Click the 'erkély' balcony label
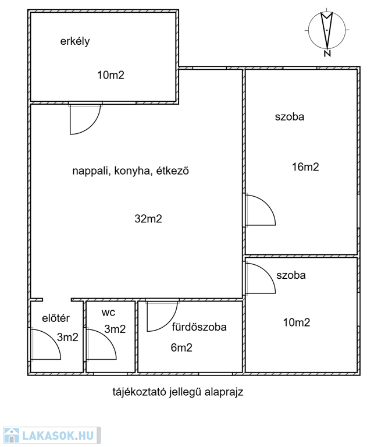coord(74,41)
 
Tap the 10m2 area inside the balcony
coord(111,74)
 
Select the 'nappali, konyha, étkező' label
coord(131,171)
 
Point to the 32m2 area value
coord(148,219)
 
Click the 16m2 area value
coord(305,167)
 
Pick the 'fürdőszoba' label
coord(199,327)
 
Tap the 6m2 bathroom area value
coord(181,348)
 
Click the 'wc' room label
coord(108,312)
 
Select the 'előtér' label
coord(56,318)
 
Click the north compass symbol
coord(327,31)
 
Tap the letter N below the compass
coord(327,54)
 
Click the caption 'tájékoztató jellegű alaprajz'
coord(177,392)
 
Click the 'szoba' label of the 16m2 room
coord(290,116)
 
